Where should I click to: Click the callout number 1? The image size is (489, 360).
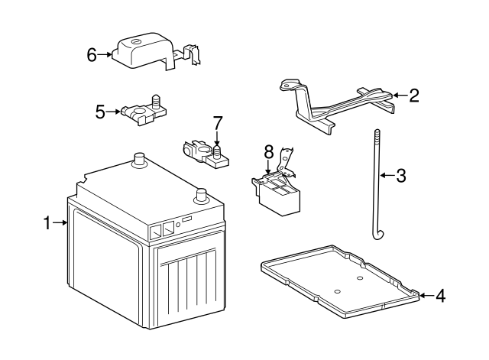[x=47, y=223]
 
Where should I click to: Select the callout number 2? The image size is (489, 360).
[x=414, y=96]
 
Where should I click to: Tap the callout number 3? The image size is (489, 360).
[x=400, y=176]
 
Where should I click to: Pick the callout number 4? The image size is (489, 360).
[x=440, y=296]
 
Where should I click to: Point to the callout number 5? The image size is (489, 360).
[x=100, y=112]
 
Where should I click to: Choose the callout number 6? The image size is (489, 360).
[x=92, y=55]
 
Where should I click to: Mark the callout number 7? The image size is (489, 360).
[x=218, y=123]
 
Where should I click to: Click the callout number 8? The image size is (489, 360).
[x=268, y=152]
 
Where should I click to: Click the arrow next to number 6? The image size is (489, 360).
[x=105, y=55]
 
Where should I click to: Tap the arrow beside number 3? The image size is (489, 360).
[x=387, y=175]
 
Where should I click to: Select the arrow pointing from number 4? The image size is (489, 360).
[x=427, y=295]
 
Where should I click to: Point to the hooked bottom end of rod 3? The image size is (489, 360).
[x=379, y=235]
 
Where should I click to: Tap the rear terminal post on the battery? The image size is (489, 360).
[x=139, y=160]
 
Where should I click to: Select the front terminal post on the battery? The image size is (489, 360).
[x=200, y=196]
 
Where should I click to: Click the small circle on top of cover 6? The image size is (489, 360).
[x=136, y=41]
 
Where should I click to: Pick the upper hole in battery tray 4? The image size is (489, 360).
[x=360, y=277]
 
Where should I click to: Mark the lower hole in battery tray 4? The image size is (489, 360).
[x=336, y=292]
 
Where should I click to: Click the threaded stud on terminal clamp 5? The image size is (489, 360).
[x=156, y=102]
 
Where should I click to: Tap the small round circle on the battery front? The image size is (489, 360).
[x=178, y=225]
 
